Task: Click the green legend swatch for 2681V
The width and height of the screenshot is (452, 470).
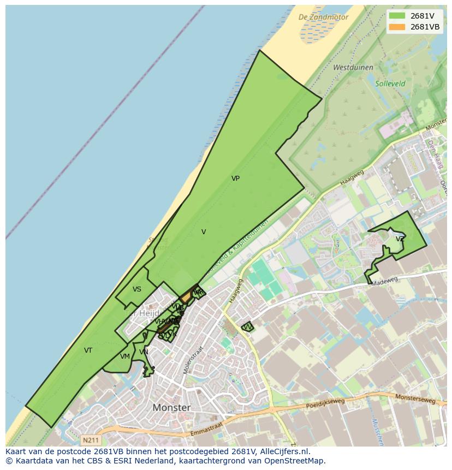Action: point(397,15)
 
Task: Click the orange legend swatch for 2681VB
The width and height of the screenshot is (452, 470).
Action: point(397,27)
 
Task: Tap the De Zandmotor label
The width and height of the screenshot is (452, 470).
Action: point(323,17)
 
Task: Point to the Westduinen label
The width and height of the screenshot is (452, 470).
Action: point(353,68)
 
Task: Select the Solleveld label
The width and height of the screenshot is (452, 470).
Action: point(390,84)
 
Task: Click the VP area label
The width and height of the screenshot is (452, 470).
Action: point(235,179)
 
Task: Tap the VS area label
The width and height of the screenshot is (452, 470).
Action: point(137,289)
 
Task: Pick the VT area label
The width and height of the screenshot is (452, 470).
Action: point(88,350)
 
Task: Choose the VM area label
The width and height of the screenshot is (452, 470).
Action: point(125,356)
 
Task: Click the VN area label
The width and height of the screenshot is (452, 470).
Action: point(144,352)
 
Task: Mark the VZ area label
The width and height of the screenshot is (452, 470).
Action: point(400,239)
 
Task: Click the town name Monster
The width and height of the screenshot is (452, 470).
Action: point(172,408)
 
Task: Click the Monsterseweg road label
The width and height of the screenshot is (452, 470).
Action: point(416,399)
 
